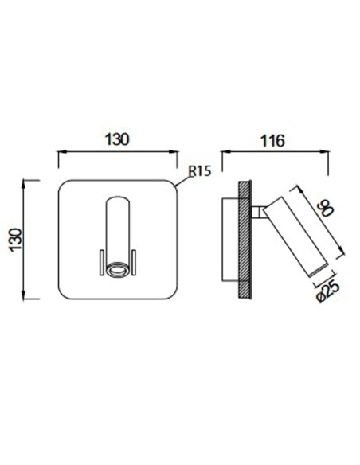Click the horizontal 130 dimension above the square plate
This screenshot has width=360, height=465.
coord(117,139)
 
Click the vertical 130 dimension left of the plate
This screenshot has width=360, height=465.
coord(16,240)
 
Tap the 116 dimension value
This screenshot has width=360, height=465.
coord(272,141)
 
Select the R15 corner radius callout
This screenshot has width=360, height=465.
coord(200,171)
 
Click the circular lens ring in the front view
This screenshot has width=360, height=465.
coord(118,270)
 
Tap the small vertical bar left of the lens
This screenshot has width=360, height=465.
coord(101,262)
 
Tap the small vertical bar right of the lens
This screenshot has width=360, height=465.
coord(134,262)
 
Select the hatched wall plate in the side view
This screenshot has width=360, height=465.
coord(245,240)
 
